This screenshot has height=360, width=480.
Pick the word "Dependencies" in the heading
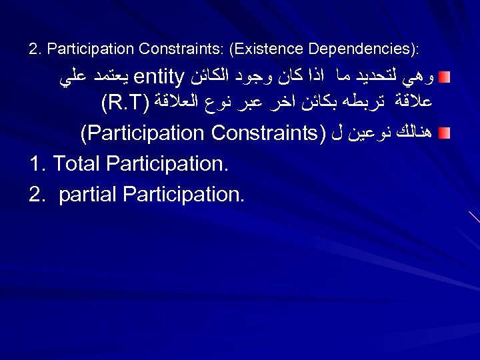(357, 49)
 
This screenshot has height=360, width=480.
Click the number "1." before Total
(38, 163)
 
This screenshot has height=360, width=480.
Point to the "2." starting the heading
(35, 49)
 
